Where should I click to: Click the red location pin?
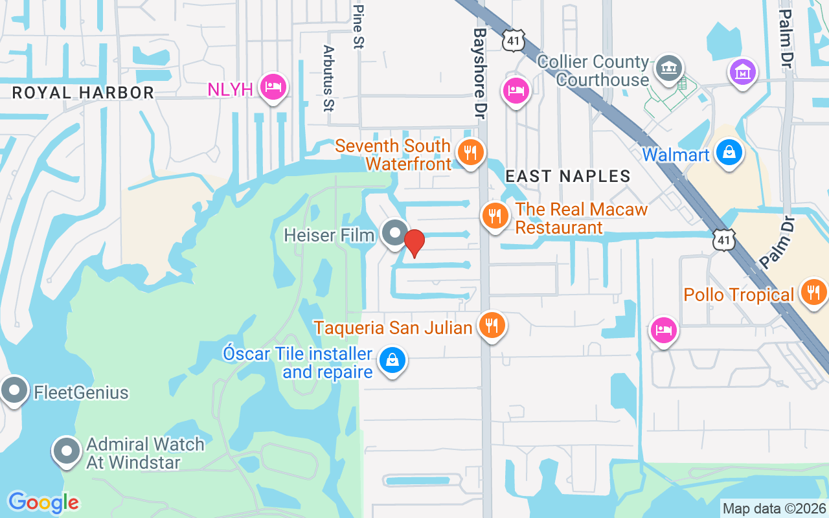[x=414, y=243]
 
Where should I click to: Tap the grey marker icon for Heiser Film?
[x=394, y=233]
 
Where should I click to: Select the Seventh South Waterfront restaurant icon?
[x=471, y=153]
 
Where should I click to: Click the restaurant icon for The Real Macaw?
[x=495, y=216]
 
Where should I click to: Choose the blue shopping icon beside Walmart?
[x=729, y=153]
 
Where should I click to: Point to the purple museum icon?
[x=743, y=71]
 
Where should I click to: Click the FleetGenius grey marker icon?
[x=14, y=390]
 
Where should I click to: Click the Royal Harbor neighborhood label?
[x=84, y=93]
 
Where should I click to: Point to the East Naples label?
[x=567, y=176]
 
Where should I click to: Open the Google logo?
[x=43, y=502]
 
